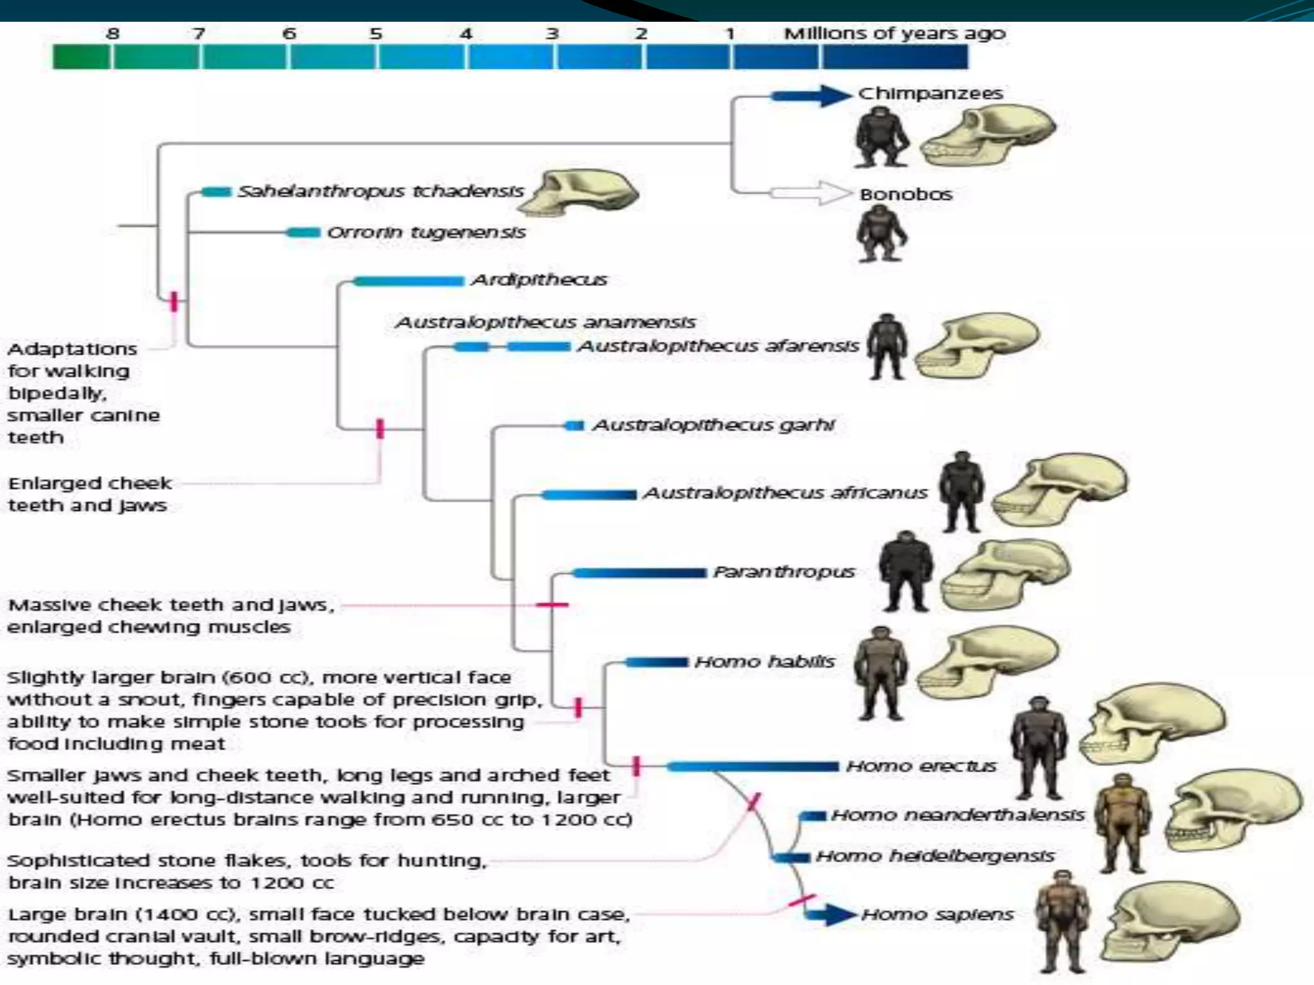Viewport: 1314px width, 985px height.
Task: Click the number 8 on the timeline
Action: pos(113,33)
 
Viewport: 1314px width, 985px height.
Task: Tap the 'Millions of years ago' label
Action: pos(894,33)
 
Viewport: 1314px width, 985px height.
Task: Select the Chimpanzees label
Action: pos(930,94)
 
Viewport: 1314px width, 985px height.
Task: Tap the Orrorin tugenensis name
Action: pos(426,232)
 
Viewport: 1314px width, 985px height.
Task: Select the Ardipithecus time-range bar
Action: pos(408,281)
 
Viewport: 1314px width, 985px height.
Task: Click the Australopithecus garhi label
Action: pos(713,425)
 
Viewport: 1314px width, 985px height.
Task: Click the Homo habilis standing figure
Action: pos(881,673)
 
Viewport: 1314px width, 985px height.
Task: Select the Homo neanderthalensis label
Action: pos(957,815)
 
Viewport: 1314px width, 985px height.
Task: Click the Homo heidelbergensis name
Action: pos(935,856)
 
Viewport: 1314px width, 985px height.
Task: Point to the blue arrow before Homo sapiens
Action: pos(830,914)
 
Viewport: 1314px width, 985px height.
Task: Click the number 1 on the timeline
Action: pos(730,33)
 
